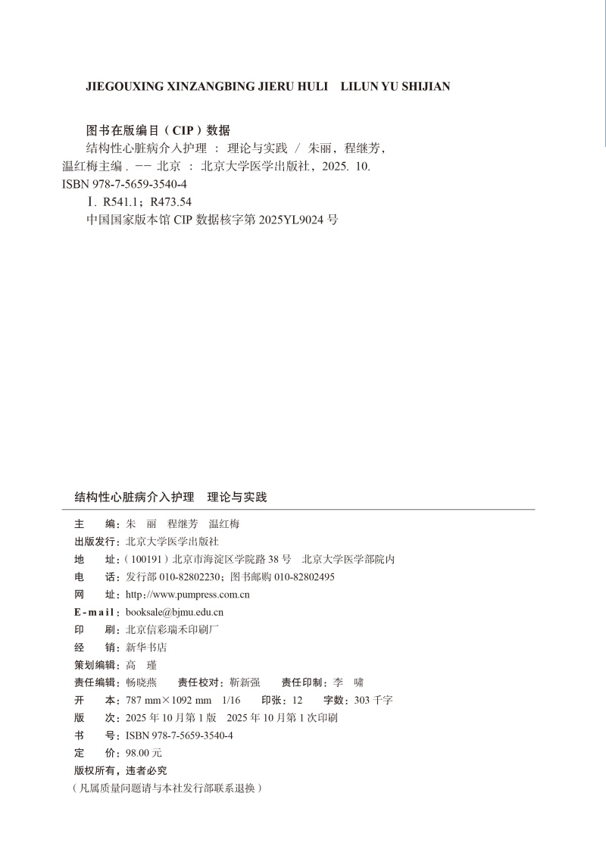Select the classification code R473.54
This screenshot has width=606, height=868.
pos(171,201)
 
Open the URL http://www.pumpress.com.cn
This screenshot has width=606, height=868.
pos(187,595)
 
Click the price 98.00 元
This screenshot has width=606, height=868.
pos(144,753)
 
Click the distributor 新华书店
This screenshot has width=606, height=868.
pos(145,648)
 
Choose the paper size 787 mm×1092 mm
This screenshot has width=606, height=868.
pos(168,700)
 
